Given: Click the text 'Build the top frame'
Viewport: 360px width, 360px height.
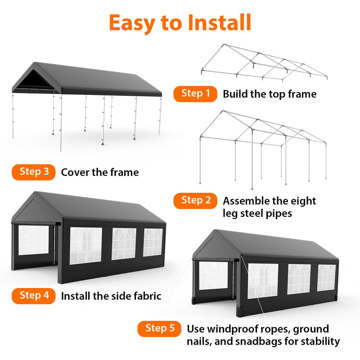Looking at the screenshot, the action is pyautogui.click(x=270, y=94).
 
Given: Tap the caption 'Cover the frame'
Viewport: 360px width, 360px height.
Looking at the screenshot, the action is pyautogui.click(x=100, y=172).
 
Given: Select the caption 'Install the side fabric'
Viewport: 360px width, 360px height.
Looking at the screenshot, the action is pyautogui.click(x=111, y=296).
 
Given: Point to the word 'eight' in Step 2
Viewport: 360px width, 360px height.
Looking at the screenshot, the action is pyautogui.click(x=301, y=201).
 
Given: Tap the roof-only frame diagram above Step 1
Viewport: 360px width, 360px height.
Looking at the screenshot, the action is pyautogui.click(x=264, y=63).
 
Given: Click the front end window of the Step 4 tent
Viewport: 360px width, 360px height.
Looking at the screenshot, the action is pyautogui.click(x=33, y=240).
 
